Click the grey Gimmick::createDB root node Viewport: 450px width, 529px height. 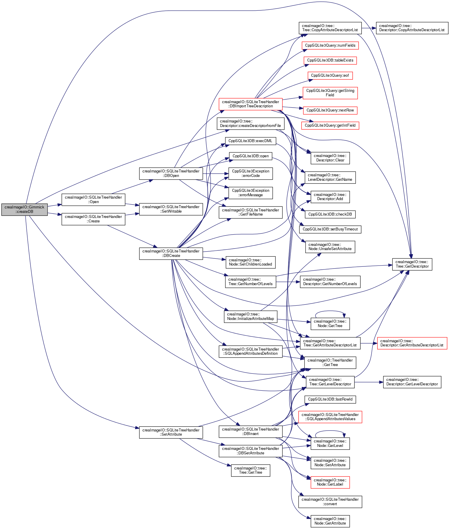24,209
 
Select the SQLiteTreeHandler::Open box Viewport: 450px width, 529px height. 93,200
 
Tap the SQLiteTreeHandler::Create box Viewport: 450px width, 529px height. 93,219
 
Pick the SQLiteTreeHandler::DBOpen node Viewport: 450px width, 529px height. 171,173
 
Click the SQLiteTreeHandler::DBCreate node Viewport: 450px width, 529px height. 171,253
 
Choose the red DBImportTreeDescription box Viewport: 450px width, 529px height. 250,104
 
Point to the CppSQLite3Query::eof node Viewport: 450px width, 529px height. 330,76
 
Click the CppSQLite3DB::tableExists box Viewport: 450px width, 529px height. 330,60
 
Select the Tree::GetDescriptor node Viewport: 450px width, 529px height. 412,264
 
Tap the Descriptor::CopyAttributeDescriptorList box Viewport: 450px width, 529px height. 412,28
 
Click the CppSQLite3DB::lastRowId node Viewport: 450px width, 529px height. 330,399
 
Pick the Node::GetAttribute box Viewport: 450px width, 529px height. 330,521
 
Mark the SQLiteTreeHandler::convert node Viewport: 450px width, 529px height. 330,502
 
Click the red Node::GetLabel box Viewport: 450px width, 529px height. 330,482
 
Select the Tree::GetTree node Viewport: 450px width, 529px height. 250,470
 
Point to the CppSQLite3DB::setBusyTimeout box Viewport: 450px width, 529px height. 330,229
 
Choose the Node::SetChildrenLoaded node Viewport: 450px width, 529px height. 250,262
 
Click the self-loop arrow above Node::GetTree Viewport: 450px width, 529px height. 330,311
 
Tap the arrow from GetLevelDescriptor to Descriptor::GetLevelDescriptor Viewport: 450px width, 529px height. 368,382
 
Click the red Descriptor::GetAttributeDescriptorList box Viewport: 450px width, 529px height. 412,343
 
